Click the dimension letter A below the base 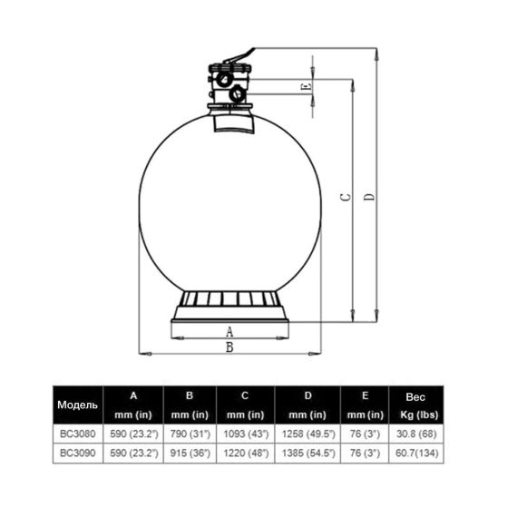pos(229,331)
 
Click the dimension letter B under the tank pos(229,347)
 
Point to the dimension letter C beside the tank pos(346,197)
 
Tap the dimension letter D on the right pos(370,197)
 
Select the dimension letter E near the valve pos(306,87)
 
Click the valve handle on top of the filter pos(239,55)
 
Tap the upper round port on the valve pos(226,80)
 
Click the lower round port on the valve pos(237,94)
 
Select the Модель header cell pos(77,405)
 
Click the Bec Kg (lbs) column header pos(416,405)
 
